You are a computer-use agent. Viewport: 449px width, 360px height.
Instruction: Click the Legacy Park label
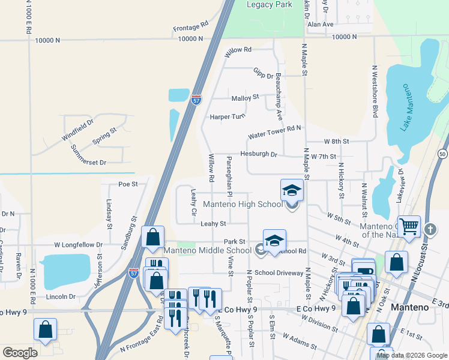click(x=270, y=4)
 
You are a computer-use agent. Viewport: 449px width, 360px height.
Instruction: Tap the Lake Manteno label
click(x=408, y=108)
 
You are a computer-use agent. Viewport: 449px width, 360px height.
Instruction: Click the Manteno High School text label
click(x=243, y=205)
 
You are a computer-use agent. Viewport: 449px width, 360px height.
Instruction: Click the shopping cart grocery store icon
click(x=409, y=227)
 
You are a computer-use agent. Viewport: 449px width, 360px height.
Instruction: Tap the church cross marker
click(x=430, y=229)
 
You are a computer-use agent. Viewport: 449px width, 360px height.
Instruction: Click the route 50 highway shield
click(x=442, y=154)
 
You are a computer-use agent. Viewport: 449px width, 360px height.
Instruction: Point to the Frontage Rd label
click(x=190, y=27)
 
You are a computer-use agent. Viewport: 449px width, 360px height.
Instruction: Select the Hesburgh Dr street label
click(x=259, y=154)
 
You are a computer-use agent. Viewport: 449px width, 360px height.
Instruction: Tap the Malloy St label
click(x=245, y=97)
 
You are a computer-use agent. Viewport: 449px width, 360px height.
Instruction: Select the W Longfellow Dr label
click(x=79, y=245)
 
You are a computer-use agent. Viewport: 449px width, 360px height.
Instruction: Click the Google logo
click(x=20, y=353)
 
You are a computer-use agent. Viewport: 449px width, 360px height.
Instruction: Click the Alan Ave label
click(x=320, y=25)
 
